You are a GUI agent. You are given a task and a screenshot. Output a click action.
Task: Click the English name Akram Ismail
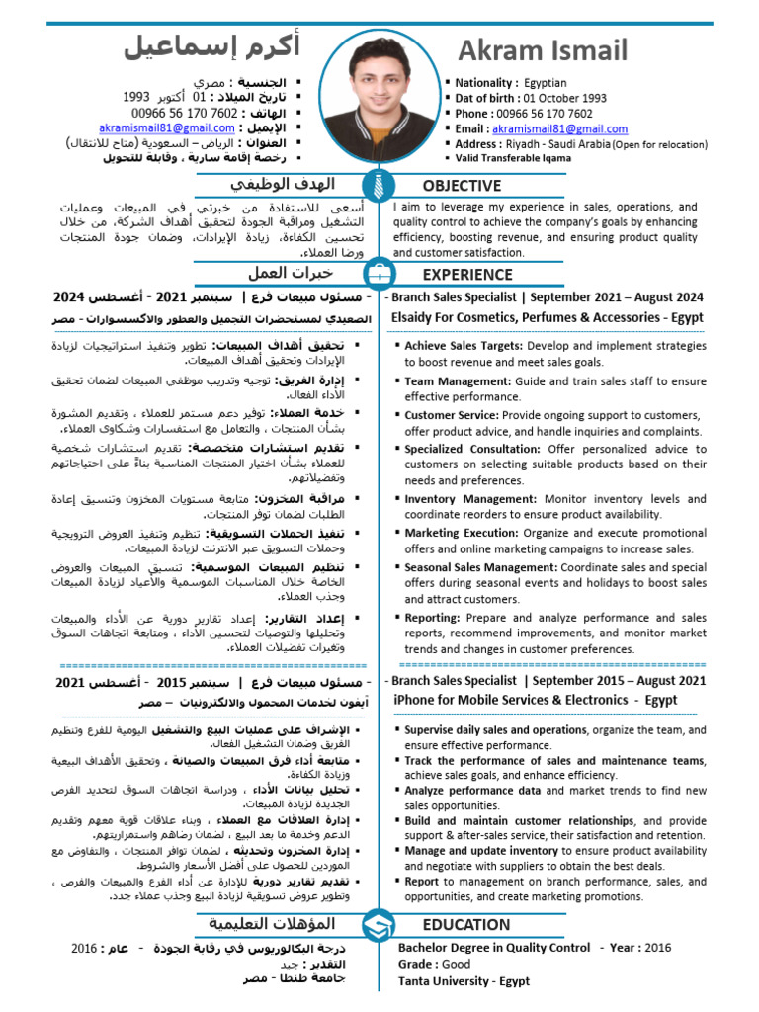pos(542,49)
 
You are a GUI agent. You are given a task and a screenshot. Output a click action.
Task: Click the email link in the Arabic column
pos(167,128)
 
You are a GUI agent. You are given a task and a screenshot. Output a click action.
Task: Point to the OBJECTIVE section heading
pos(462,186)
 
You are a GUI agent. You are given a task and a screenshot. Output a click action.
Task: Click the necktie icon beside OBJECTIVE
pos(379,185)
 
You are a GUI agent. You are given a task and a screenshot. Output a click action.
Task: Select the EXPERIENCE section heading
pos(467,275)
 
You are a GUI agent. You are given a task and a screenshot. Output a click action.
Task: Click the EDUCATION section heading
pos(466,925)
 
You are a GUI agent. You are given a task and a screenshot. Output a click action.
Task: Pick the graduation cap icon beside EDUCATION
pos(379,926)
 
